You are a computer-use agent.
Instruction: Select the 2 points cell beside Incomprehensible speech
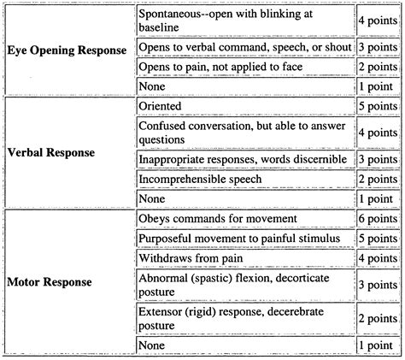pos(379,179)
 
